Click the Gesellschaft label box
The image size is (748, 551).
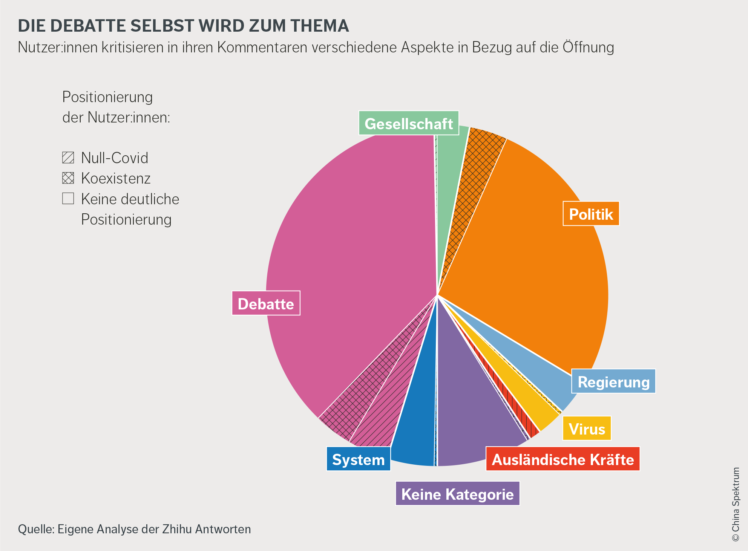(409, 123)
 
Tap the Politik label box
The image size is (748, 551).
(591, 214)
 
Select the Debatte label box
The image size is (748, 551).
(266, 303)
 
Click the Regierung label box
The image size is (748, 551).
(613, 381)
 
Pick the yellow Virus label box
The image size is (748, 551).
(587, 429)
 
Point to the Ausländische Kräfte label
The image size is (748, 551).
(563, 459)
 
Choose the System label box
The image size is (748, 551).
(358, 459)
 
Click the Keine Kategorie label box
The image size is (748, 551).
(457, 494)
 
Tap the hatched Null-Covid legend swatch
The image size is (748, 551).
(68, 158)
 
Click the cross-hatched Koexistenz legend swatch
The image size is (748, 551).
(68, 178)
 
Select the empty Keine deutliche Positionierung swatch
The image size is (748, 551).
(68, 198)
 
